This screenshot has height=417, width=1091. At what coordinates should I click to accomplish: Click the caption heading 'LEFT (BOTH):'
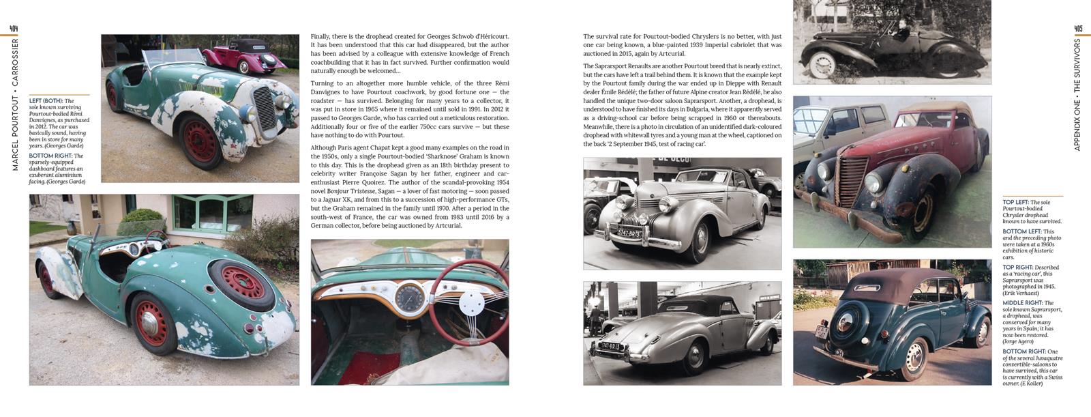(46, 101)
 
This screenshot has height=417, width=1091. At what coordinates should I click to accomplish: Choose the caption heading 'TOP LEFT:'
(1016, 203)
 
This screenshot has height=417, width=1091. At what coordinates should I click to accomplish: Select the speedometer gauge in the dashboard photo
(408, 297)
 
